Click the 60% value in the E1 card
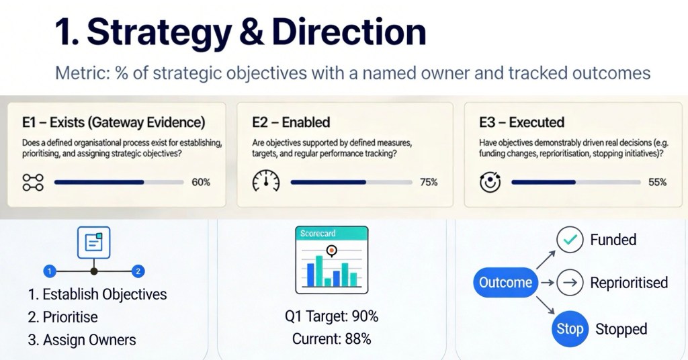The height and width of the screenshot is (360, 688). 201,182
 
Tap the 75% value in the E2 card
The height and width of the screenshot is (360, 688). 429,182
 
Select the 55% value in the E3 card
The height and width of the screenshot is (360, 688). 657,182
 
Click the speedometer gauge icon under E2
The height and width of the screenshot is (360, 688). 266,181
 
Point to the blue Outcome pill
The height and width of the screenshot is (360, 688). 505,282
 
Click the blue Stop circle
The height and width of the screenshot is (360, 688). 570,329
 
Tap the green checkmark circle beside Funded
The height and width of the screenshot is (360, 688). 570,239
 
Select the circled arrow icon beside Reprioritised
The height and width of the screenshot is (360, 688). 570,282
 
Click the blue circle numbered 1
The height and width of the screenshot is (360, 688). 50,271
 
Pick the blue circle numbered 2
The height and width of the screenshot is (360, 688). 138,271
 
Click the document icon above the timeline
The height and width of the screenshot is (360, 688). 93,242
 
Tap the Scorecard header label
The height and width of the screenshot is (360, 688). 318,234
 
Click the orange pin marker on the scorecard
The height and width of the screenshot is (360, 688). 332,251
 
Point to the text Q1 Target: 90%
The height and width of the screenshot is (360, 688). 331,316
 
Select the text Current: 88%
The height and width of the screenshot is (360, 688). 331,339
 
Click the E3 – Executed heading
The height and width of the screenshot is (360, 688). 521,122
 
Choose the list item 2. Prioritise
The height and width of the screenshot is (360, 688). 62,317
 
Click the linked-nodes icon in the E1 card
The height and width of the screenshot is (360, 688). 33,182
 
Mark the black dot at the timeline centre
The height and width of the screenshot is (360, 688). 94,271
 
